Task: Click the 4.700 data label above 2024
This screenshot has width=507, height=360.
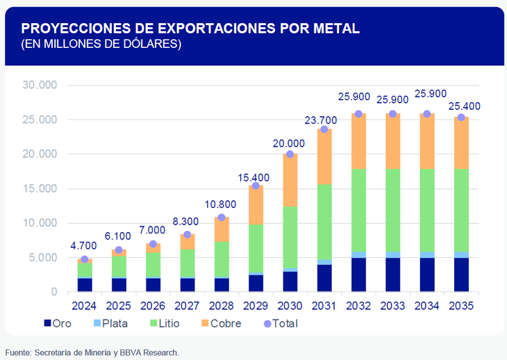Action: point(83,245)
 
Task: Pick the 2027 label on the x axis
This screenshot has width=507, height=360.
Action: point(187,306)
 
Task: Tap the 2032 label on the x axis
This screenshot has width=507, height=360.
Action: point(358,306)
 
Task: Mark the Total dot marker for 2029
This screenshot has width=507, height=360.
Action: point(256,186)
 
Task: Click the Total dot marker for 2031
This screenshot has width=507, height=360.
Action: point(324,129)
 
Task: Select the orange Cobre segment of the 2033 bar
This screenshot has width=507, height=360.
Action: point(392,141)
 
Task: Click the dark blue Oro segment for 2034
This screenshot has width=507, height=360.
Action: point(426,275)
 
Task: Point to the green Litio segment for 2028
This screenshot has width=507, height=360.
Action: point(221,259)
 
